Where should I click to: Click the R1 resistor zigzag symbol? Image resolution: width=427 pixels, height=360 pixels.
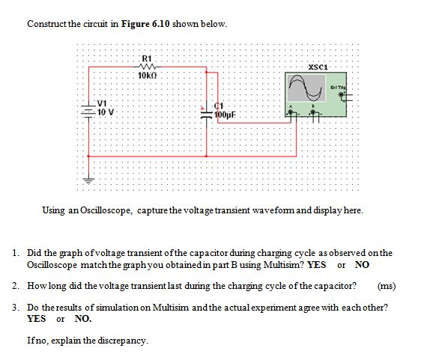tap(148, 67)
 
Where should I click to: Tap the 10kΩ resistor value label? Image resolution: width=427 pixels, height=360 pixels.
tap(148, 76)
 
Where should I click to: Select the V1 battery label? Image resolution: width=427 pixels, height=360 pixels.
tap(102, 103)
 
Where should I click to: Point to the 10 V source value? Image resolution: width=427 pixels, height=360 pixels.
tap(106, 112)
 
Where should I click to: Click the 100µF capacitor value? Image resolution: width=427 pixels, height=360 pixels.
tap(224, 115)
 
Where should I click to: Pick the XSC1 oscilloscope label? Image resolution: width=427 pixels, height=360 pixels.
tap(318, 67)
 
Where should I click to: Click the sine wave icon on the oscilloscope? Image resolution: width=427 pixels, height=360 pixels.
tap(306, 88)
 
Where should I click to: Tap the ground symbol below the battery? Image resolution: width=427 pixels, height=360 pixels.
tap(88, 180)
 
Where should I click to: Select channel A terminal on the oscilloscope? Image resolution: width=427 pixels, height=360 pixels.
tap(291, 112)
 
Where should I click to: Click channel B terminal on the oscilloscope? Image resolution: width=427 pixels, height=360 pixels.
tap(313, 112)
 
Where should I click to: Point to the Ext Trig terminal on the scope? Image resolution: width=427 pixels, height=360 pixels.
tap(341, 94)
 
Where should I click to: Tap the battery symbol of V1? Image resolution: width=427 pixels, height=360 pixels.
tap(88, 112)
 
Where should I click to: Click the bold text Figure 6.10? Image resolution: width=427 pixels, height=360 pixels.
tap(145, 24)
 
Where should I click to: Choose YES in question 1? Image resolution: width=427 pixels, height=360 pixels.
tap(316, 264)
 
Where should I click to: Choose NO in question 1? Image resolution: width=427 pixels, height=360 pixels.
tap(362, 264)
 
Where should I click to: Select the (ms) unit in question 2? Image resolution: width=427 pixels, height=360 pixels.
tap(387, 286)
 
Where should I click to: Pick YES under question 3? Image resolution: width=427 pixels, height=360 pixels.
tap(37, 318)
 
